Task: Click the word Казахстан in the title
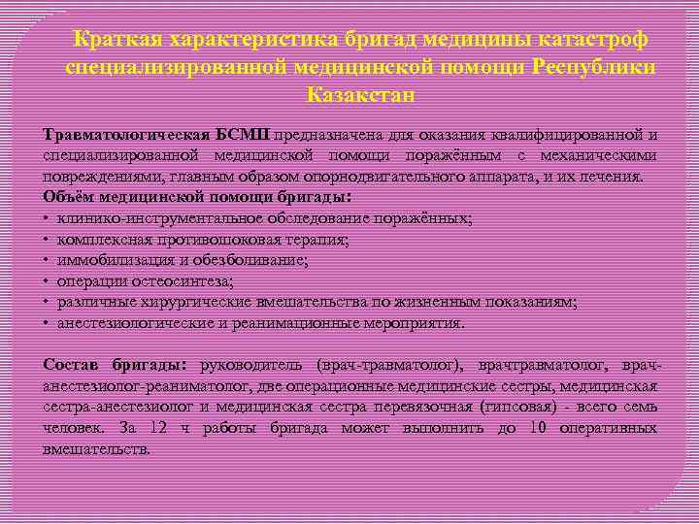pyautogui.click(x=361, y=95)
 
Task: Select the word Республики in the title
pyautogui.click(x=593, y=68)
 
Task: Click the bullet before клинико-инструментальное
pyautogui.click(x=47, y=219)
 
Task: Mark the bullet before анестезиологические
pyautogui.click(x=47, y=323)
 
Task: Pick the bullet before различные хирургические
pyautogui.click(x=47, y=303)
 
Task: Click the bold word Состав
pyautogui.click(x=70, y=365)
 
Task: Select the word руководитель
pyautogui.click(x=252, y=365)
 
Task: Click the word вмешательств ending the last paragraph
pyautogui.click(x=97, y=449)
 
